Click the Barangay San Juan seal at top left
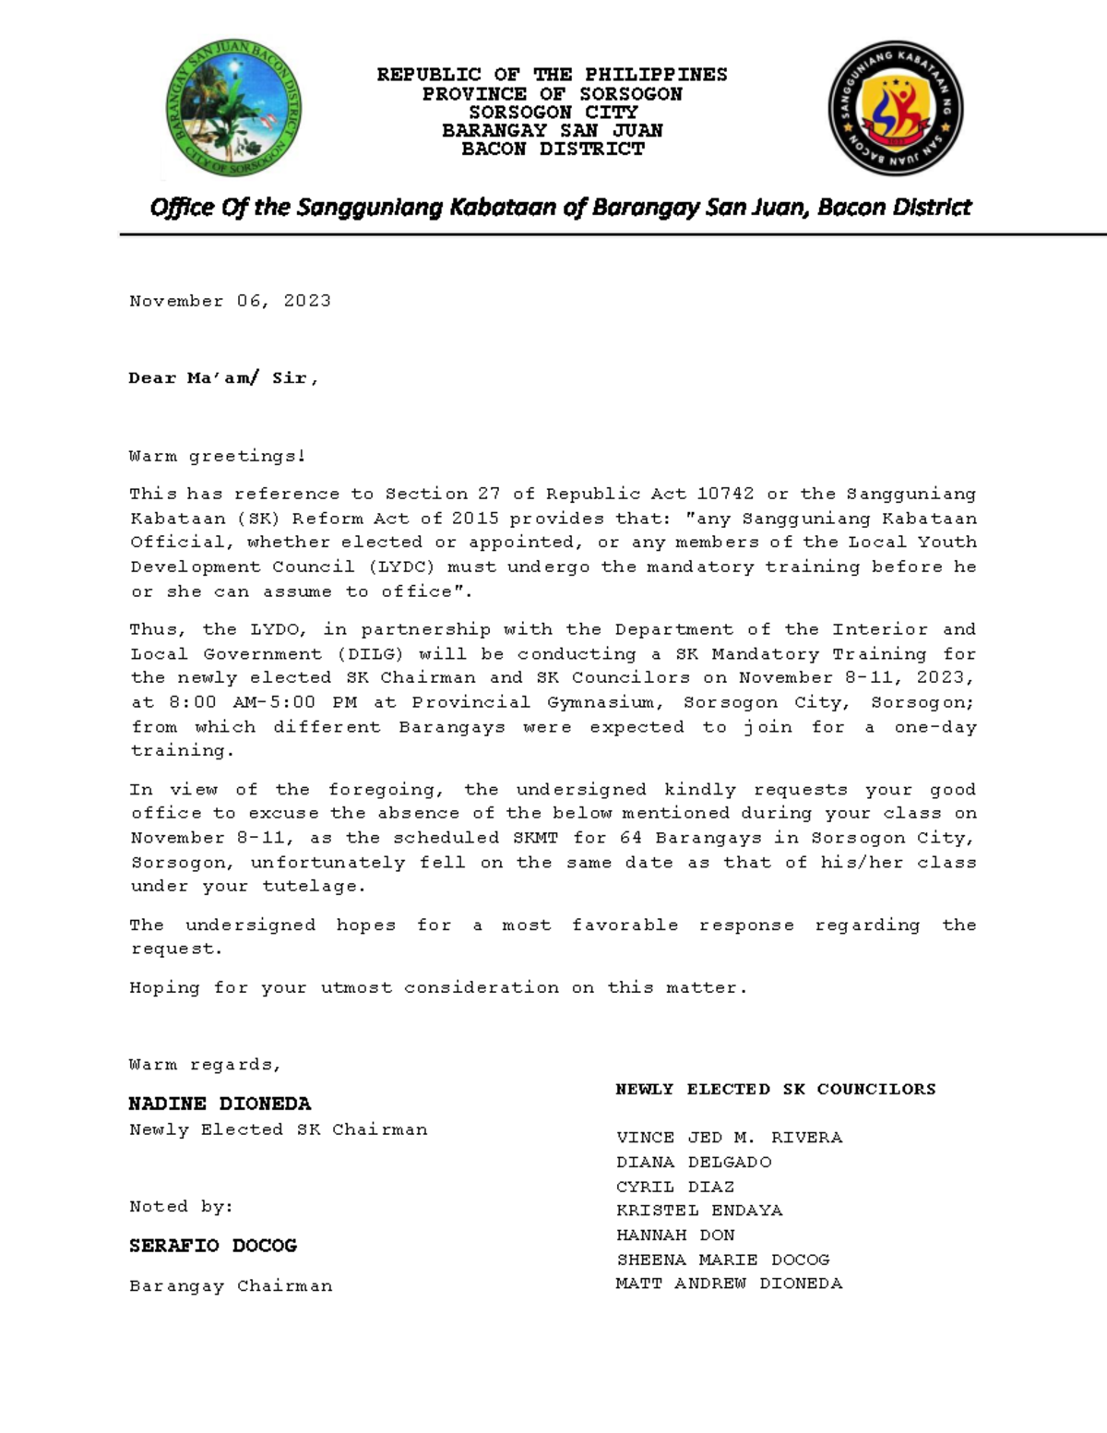[x=232, y=110]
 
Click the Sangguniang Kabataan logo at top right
[x=895, y=109]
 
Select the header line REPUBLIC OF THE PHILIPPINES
[x=552, y=75]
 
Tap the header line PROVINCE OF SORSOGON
[x=552, y=94]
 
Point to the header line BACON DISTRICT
[x=552, y=149]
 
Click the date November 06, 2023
[x=230, y=302]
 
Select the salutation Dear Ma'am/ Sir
[x=223, y=378]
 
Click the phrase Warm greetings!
[x=217, y=457]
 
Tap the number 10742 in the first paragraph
[x=725, y=495]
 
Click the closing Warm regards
[x=205, y=1065]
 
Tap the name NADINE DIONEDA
[x=220, y=1104]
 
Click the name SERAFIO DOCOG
[x=212, y=1246]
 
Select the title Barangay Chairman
[x=231, y=1286]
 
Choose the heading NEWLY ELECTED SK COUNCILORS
[x=775, y=1090]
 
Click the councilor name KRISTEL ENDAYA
[x=699, y=1211]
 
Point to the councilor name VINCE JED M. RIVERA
[x=729, y=1138]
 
